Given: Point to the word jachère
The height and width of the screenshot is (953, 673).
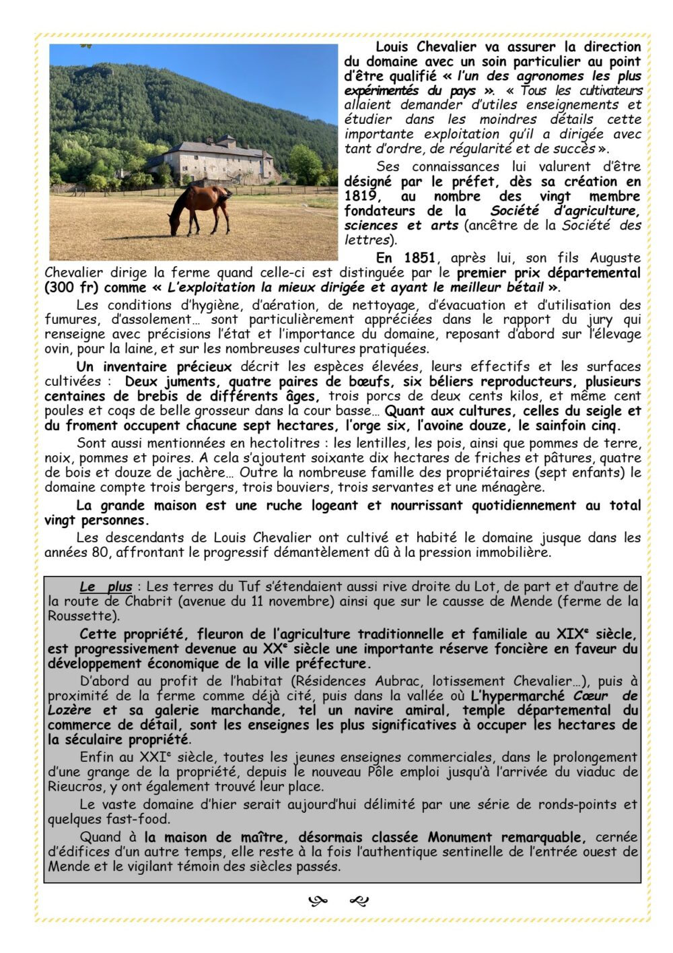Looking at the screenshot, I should [204, 473].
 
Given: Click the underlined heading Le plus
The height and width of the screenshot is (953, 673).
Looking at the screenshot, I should [106, 587].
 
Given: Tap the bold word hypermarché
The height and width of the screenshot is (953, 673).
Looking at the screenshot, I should [520, 696].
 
